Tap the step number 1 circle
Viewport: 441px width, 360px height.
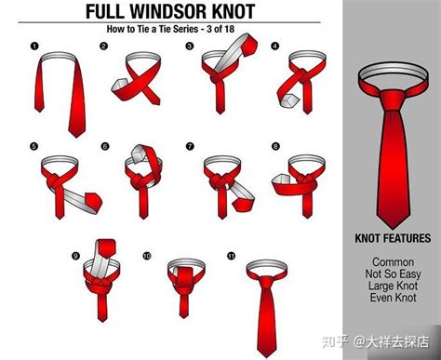pyautogui.click(x=34, y=47)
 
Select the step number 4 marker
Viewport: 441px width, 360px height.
pyautogui.click(x=274, y=47)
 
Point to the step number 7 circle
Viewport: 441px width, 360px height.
pyautogui.click(x=190, y=146)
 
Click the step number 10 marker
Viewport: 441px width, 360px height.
pyautogui.click(x=147, y=256)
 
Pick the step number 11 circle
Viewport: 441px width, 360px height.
pyautogui.click(x=232, y=256)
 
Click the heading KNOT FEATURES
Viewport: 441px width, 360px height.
pyautogui.click(x=393, y=238)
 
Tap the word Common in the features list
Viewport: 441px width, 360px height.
pyautogui.click(x=393, y=262)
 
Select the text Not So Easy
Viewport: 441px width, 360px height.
pyautogui.click(x=393, y=274)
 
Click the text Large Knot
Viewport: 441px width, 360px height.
pyautogui.click(x=393, y=286)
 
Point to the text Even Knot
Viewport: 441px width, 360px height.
pyautogui.click(x=393, y=298)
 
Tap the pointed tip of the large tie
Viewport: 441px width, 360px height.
pyautogui.click(x=393, y=228)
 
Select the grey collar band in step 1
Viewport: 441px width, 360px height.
pyautogui.click(x=58, y=57)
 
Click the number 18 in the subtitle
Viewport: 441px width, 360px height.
pyautogui.click(x=229, y=29)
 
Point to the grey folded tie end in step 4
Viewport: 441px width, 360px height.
pyautogui.click(x=288, y=100)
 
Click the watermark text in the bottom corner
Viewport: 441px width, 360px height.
pyautogui.click(x=376, y=342)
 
